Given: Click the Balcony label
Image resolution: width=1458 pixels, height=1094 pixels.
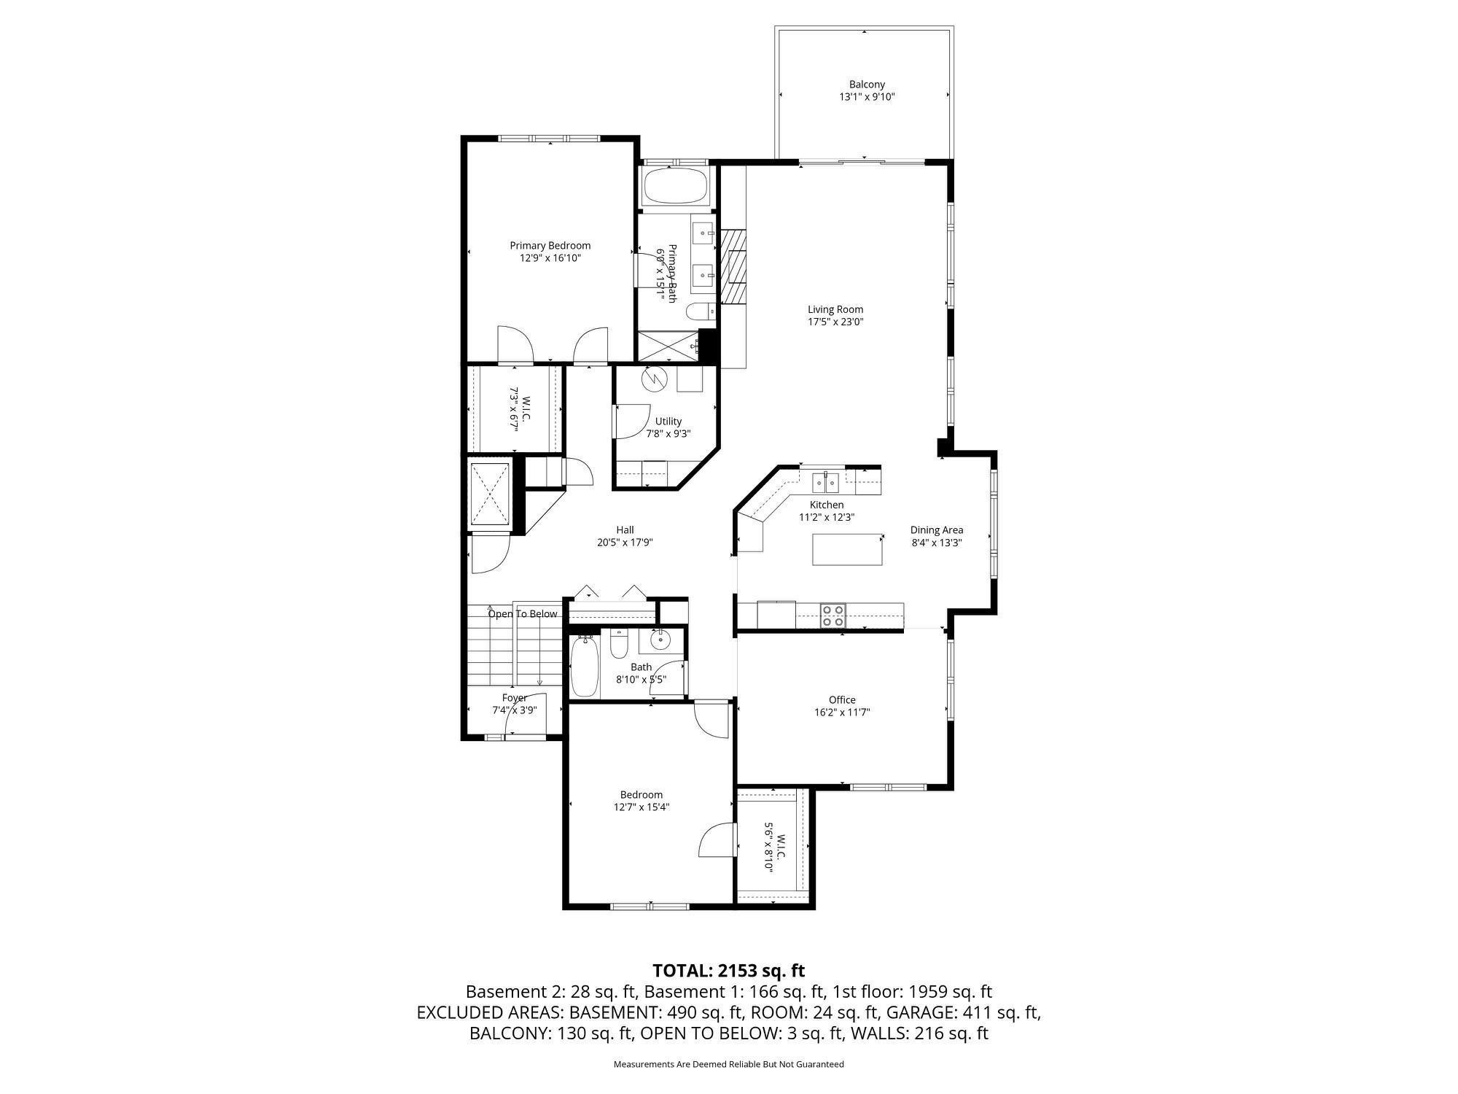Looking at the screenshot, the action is [x=867, y=85].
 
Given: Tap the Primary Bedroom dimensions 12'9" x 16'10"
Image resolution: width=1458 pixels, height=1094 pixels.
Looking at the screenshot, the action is [x=550, y=258].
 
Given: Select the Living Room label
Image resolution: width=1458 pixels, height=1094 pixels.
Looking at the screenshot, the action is [x=835, y=309].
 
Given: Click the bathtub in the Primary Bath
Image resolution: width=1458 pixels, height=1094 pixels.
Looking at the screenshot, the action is [x=675, y=187].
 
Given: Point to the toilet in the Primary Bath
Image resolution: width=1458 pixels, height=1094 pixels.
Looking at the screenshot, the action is [x=701, y=311].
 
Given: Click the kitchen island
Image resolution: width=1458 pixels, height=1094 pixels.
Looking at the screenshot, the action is [x=848, y=549].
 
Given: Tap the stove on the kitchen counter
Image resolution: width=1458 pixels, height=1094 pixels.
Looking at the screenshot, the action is [x=833, y=616].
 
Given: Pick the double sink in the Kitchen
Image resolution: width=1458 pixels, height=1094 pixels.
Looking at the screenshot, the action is [x=826, y=482].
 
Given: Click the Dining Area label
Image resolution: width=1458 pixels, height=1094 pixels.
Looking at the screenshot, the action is [x=937, y=530].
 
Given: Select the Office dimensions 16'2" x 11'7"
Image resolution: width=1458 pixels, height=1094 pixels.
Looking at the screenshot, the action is [x=842, y=713].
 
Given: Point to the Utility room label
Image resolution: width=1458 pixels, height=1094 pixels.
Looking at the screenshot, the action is [x=668, y=422].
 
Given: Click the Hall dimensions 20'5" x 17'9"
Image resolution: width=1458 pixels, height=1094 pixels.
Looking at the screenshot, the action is [x=625, y=543].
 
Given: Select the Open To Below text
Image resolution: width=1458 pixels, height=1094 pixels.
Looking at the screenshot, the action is [x=523, y=614].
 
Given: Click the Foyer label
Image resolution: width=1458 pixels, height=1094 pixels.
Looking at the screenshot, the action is [x=515, y=698].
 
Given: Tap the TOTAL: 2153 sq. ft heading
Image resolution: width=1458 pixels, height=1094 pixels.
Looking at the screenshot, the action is [x=729, y=971].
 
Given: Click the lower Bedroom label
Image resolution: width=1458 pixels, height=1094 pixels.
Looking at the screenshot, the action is [x=642, y=795].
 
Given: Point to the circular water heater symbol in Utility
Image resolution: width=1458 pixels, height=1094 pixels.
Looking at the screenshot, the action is [x=654, y=379].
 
